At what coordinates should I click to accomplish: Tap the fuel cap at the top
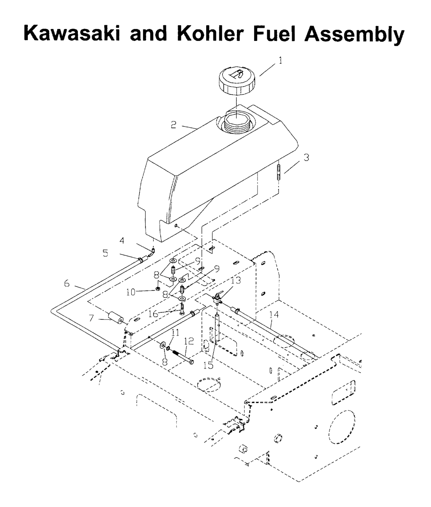click(237, 81)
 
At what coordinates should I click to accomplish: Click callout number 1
click(280, 61)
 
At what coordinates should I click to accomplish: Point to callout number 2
click(173, 125)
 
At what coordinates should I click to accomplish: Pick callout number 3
click(306, 157)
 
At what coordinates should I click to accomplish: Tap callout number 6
click(67, 283)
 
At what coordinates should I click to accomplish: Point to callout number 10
click(131, 292)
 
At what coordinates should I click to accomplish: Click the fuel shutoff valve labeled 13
click(218, 298)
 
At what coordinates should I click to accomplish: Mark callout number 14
click(274, 315)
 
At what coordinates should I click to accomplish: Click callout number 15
click(209, 366)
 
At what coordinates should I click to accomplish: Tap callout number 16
click(153, 313)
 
